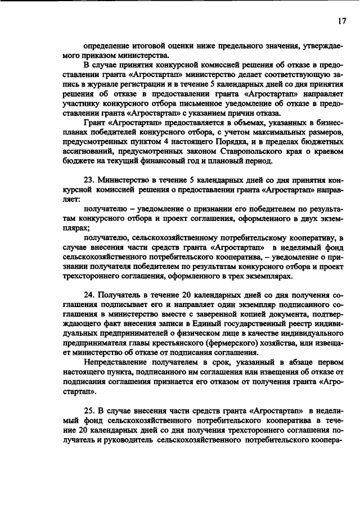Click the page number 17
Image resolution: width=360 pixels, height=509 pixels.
pyautogui.click(x=341, y=21)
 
